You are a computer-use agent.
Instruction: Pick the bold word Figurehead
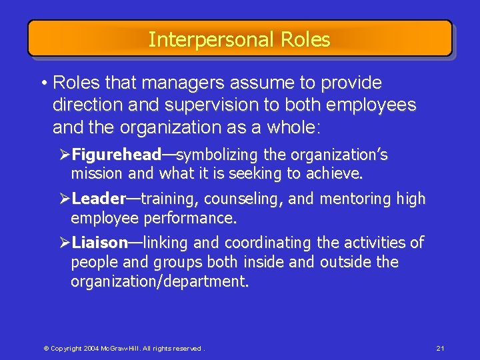pyautogui.click(x=116, y=155)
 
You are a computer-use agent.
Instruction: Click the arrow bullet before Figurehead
pyautogui.click(x=65, y=155)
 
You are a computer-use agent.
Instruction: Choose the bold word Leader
pyautogui.click(x=99, y=199)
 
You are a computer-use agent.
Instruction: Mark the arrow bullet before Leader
pyautogui.click(x=65, y=199)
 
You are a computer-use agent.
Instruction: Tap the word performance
pyautogui.click(x=199, y=217)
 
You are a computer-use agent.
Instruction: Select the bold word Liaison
pyautogui.click(x=99, y=243)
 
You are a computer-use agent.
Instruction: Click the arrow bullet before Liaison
pyautogui.click(x=65, y=243)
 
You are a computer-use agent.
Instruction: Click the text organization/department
pyautogui.click(x=159, y=281)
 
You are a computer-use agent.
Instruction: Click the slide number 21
pyautogui.click(x=440, y=349)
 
